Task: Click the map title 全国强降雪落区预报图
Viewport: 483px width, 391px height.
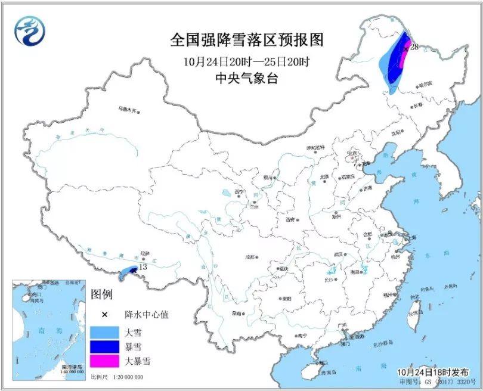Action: coord(246,40)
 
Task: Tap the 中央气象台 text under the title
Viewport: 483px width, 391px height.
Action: coord(246,79)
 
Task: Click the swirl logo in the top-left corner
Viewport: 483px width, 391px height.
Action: coord(30,30)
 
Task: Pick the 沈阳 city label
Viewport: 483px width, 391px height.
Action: coord(398,134)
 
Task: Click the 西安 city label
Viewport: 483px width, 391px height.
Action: coord(290,219)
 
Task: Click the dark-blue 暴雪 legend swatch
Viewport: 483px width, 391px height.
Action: coord(106,346)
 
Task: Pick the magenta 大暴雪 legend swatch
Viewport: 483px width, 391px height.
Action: coord(106,361)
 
